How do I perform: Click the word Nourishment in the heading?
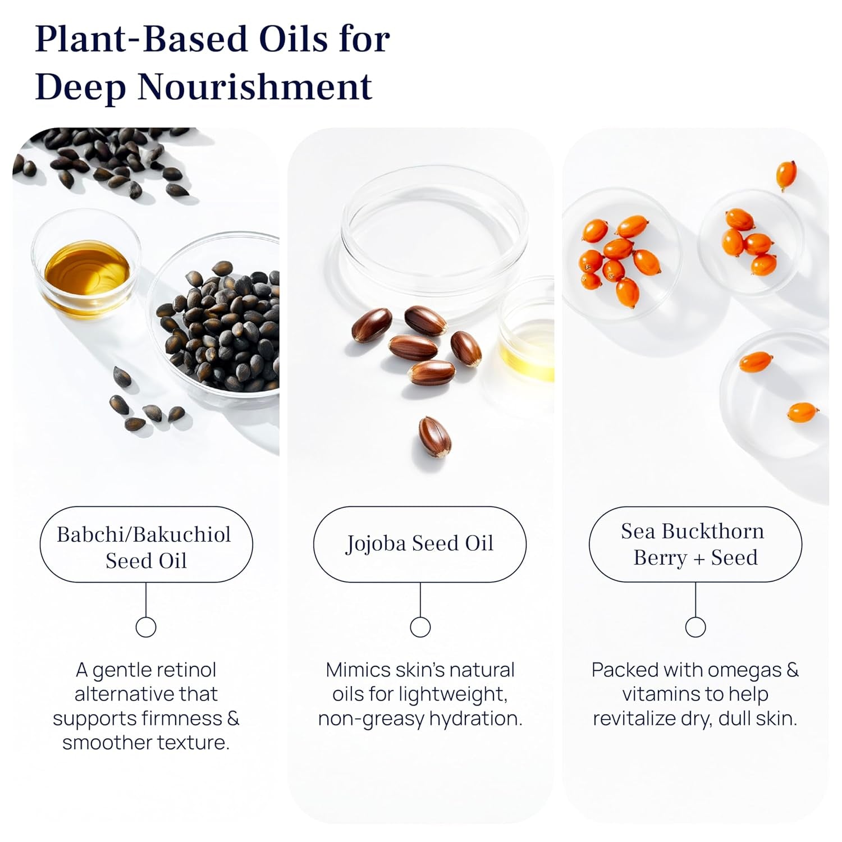pos(255,87)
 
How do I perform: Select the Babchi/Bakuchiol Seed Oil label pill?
pos(146,545)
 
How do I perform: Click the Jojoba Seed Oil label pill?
pos(419,544)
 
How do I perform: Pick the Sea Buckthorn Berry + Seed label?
pos(695,544)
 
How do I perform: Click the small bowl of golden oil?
pos(86,269)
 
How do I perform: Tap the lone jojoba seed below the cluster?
pos(434,436)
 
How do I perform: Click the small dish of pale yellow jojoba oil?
pos(528,342)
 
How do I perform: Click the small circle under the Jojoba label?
pos(420,627)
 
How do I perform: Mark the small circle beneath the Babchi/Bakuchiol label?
pos(146,627)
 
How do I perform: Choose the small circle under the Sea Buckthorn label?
pos(695,627)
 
